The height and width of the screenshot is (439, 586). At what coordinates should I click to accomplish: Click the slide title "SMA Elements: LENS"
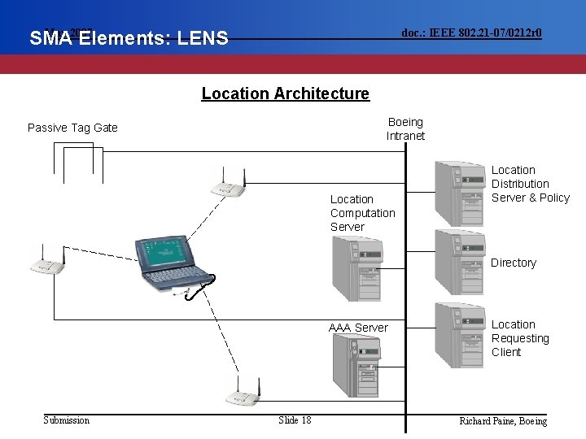(129, 37)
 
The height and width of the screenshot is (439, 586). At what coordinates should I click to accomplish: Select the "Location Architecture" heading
(285, 93)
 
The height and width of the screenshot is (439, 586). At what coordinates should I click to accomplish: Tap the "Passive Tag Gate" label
(72, 128)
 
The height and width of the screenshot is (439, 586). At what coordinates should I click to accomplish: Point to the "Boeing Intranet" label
(405, 129)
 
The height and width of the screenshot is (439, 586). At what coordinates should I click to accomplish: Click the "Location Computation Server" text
(362, 213)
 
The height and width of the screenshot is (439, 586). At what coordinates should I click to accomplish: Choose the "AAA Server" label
(358, 328)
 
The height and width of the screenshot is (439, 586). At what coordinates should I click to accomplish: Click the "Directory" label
(513, 263)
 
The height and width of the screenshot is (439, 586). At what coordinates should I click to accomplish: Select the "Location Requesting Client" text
(519, 338)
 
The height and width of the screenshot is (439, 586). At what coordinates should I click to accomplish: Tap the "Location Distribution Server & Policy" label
(530, 184)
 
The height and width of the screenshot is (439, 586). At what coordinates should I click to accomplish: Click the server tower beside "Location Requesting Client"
(459, 337)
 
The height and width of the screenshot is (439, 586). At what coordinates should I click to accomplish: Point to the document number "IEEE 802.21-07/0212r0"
(472, 33)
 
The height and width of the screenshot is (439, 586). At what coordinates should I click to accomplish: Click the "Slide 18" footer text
(295, 419)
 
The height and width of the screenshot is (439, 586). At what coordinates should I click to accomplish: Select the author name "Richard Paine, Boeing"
(503, 420)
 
